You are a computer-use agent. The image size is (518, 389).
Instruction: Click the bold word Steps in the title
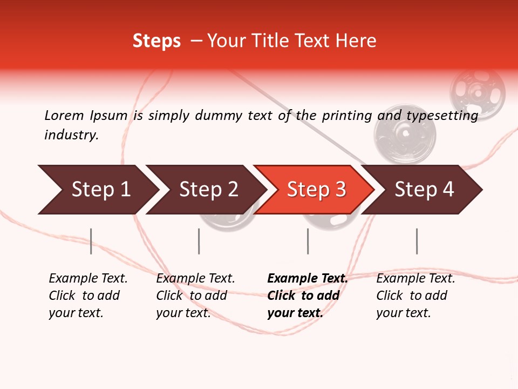[156, 41]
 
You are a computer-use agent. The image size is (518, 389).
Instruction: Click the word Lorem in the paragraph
[64, 115]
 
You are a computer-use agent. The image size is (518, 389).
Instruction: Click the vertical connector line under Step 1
[91, 241]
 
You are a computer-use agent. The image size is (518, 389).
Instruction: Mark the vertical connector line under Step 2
[199, 241]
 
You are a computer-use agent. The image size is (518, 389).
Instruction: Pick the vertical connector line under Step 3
[308, 241]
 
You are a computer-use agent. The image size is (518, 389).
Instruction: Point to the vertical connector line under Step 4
[417, 241]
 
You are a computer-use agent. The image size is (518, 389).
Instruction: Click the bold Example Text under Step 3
[308, 279]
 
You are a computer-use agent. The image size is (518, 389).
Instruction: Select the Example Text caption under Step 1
[88, 279]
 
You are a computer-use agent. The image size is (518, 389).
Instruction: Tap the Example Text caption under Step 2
[195, 279]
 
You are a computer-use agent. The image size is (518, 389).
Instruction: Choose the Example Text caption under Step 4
[415, 279]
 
